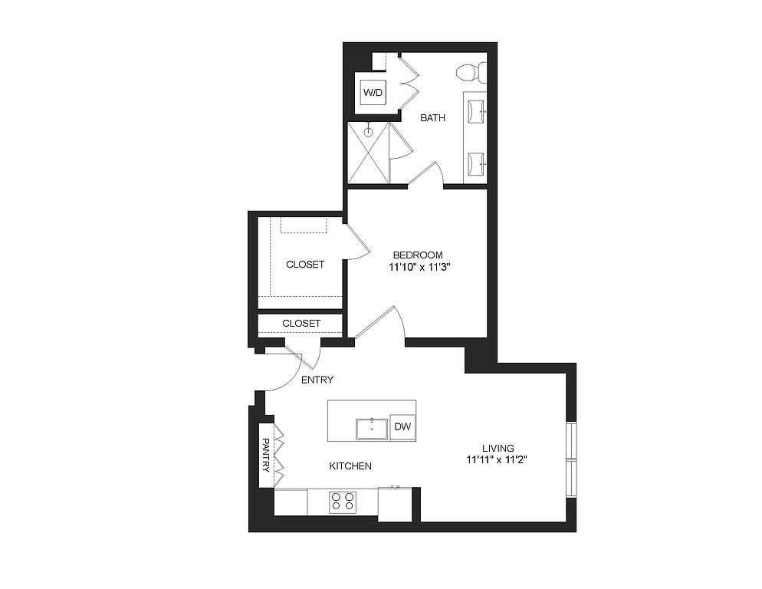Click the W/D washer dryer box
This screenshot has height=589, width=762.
click(373, 92)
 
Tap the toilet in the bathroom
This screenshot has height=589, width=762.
click(471, 72)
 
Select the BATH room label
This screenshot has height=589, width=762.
click(432, 117)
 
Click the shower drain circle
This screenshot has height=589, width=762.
click(369, 131)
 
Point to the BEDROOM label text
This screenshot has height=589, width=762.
click(418, 255)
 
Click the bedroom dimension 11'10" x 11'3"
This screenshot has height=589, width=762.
click(418, 267)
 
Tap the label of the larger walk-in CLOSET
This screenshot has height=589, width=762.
click(305, 265)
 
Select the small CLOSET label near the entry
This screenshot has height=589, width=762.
click(301, 324)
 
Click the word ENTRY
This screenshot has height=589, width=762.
click(317, 380)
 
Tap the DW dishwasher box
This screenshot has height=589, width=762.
click(402, 427)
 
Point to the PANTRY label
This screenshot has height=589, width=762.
click(266, 456)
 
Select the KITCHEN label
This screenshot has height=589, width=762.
click(350, 466)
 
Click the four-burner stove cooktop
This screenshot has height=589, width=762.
click(343, 502)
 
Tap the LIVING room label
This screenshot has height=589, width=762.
click(498, 448)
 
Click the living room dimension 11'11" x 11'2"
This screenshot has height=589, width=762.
click(498, 459)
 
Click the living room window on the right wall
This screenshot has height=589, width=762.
click(572, 459)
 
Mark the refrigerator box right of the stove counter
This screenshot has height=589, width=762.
click(395, 505)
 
